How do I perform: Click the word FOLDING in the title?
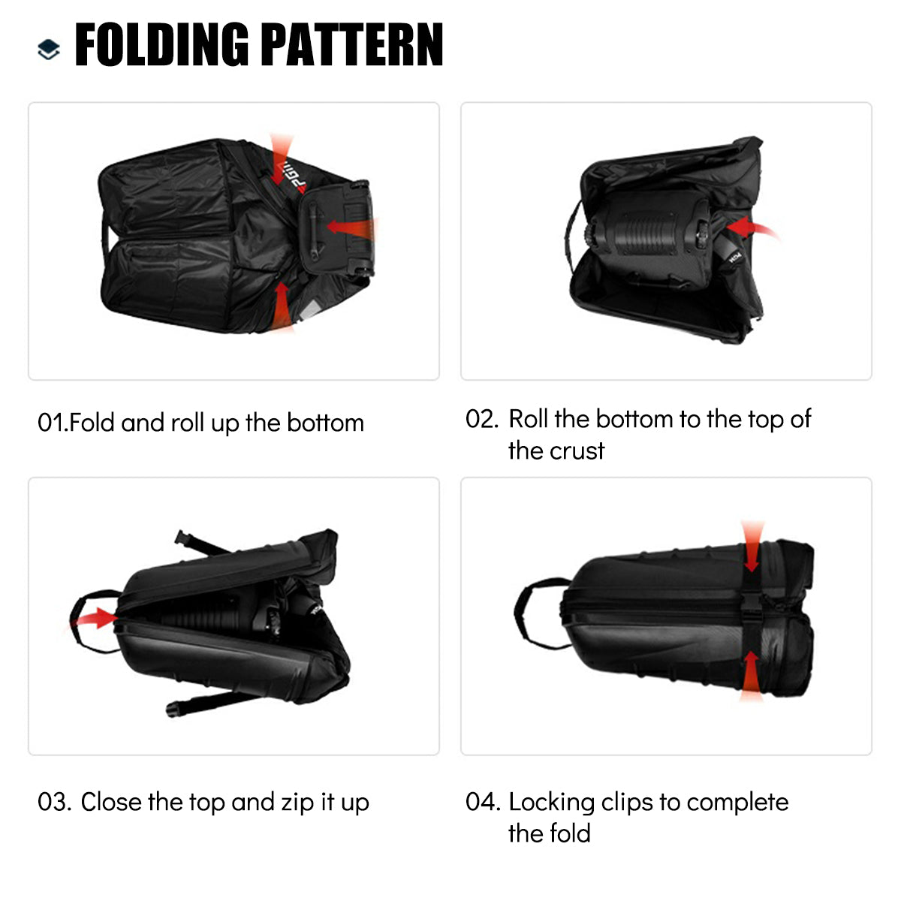(x=162, y=46)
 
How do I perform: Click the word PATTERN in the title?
(x=352, y=46)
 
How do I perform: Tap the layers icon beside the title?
(x=49, y=50)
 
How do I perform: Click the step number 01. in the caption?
(x=52, y=423)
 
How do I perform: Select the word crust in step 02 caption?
(x=577, y=451)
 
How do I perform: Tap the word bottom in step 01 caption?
(x=325, y=423)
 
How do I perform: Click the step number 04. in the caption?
(x=481, y=802)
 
